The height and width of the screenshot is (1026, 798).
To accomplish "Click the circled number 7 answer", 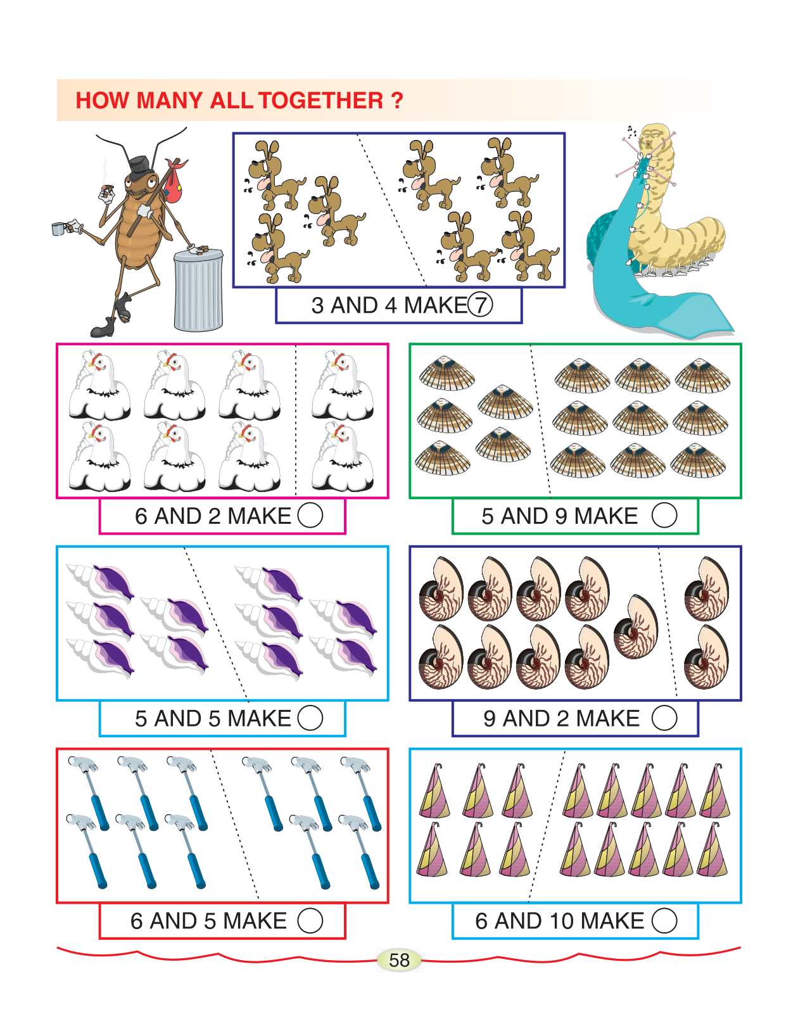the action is [480, 305].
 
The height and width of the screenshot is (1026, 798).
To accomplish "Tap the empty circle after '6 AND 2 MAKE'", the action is [310, 515].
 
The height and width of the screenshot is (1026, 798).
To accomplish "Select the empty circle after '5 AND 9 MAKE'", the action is [664, 515].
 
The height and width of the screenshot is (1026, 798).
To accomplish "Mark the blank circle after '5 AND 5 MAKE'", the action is [310, 718].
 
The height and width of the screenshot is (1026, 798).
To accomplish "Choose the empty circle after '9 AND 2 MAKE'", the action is [664, 718].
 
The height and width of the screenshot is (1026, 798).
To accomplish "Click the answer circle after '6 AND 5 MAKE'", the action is [310, 920].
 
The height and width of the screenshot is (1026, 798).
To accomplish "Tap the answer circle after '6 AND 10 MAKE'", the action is [664, 920].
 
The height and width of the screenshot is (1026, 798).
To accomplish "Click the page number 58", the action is [399, 960].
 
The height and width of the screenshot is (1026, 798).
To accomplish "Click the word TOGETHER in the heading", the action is [320, 101].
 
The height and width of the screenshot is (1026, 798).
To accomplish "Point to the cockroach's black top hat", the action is [140, 168].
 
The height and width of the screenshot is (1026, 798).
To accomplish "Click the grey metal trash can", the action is [198, 289].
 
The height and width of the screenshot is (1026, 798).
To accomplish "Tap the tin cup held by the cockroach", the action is [58, 229].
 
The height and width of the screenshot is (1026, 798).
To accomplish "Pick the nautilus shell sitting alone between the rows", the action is [636, 627].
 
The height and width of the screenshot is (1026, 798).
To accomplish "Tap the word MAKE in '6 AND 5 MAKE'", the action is [255, 921].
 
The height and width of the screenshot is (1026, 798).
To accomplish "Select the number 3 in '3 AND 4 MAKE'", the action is [317, 305].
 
